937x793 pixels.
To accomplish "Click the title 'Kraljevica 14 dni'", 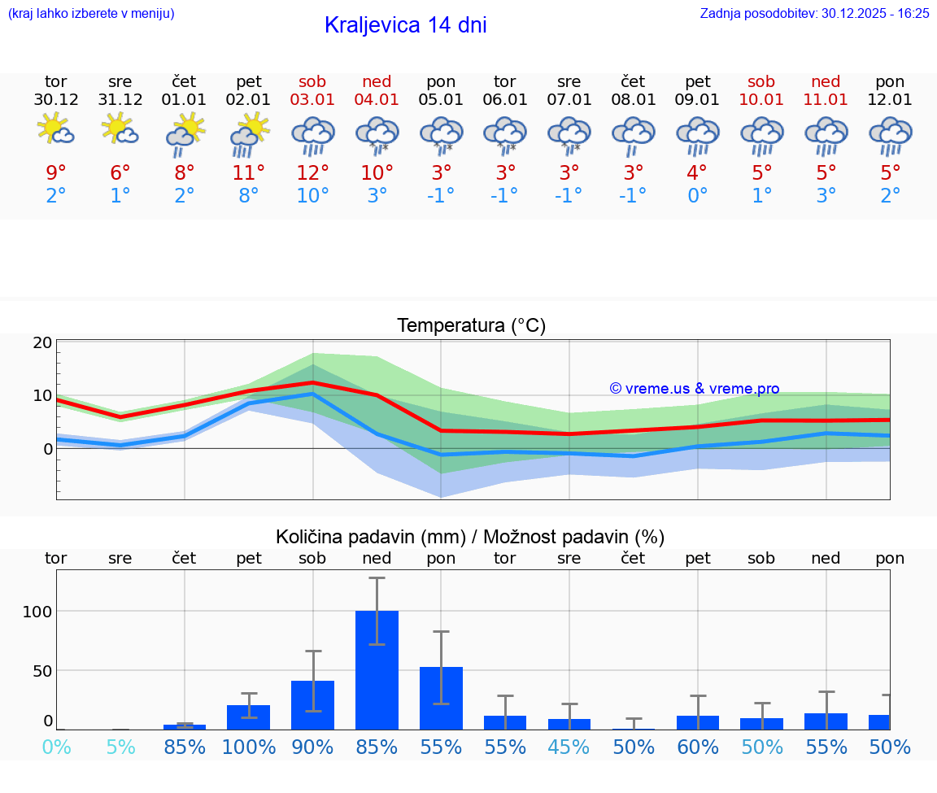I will click(405, 25).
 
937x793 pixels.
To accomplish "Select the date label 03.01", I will click(312, 100).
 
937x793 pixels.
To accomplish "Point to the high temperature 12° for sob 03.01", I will click(312, 172).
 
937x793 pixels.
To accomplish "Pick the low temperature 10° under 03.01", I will click(312, 196).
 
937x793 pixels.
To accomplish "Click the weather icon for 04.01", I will click(377, 134).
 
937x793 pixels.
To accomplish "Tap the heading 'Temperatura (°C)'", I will click(471, 326).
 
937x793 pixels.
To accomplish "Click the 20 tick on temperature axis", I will click(42, 342).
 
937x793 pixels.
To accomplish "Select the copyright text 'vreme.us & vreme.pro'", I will click(695, 389).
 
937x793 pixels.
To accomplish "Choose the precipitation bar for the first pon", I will click(441, 698).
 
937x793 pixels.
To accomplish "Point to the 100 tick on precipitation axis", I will click(37, 612).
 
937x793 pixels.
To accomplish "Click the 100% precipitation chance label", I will click(249, 747).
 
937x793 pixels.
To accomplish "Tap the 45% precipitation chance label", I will click(569, 747).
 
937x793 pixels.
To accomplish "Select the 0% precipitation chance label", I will click(56, 747).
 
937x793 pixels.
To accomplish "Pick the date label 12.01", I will click(890, 100).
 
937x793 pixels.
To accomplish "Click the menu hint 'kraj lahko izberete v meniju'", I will click(91, 13).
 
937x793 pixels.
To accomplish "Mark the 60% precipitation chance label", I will click(698, 747).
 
